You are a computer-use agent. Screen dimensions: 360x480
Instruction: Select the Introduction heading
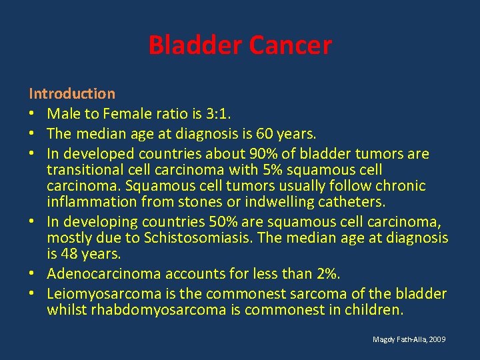click(71, 94)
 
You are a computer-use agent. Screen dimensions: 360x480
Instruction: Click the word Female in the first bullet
click(139, 114)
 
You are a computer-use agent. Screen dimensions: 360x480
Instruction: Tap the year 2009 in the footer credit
click(437, 340)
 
